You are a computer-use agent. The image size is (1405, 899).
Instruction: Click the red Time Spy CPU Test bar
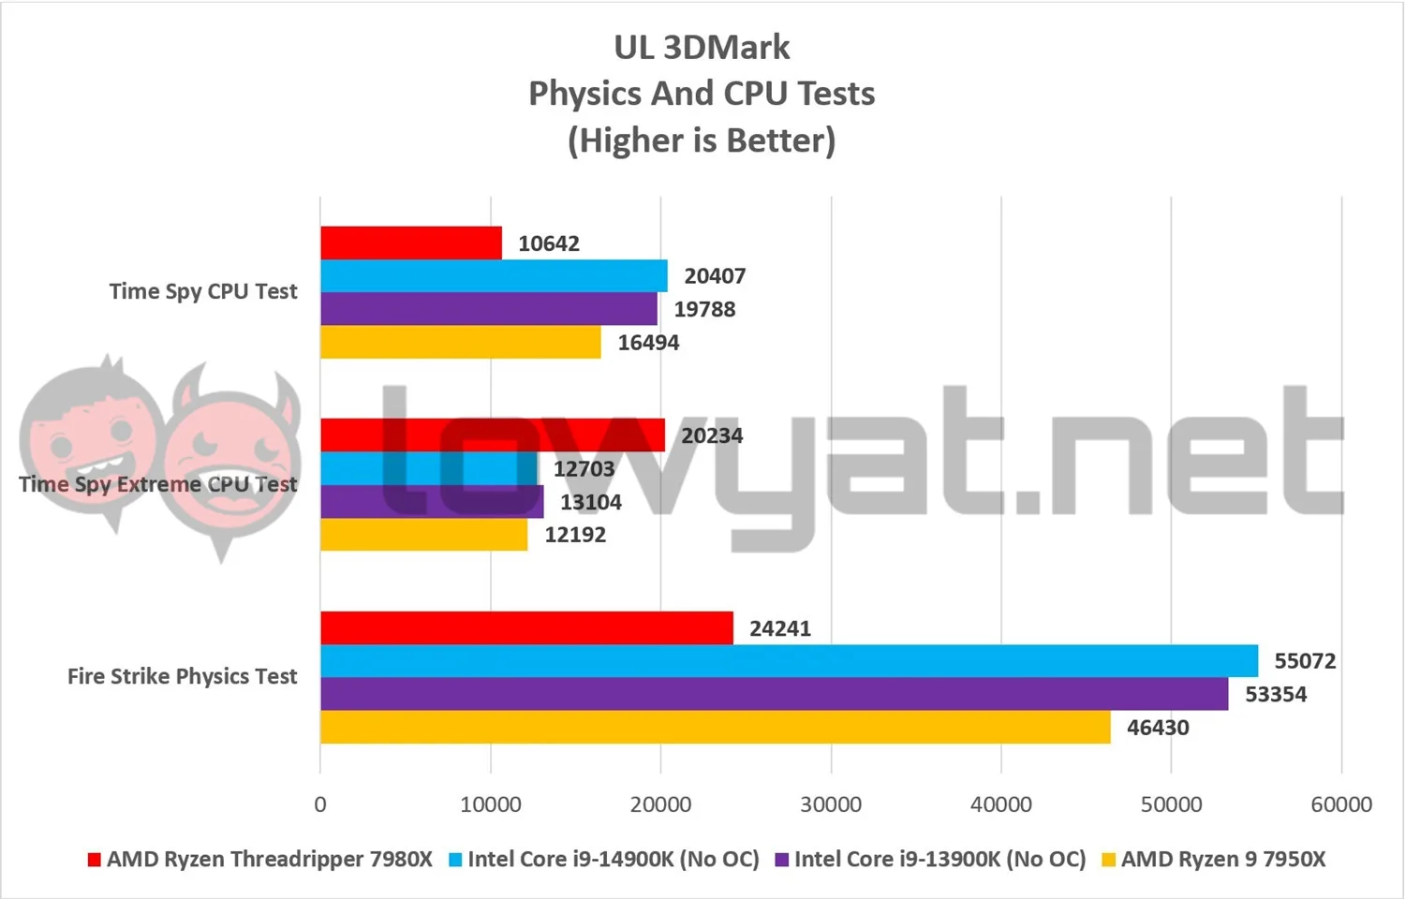[411, 243]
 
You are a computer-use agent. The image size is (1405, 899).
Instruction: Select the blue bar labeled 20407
[494, 276]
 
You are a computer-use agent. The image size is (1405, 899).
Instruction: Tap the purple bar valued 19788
[489, 308]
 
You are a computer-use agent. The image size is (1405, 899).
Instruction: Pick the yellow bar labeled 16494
[461, 342]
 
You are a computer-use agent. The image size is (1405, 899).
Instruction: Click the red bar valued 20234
[493, 435]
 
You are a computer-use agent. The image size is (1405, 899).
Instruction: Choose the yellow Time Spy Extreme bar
[424, 534]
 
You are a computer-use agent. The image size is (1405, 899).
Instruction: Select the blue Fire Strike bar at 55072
[789, 661]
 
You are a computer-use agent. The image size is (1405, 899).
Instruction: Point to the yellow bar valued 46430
[715, 728]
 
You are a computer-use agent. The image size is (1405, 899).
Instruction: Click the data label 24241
[780, 628]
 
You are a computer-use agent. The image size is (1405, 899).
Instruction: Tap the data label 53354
[1276, 694]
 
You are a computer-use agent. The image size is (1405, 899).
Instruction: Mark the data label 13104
[591, 502]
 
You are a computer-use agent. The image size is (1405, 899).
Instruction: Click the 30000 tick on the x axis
[831, 804]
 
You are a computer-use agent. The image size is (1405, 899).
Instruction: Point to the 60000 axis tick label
[1341, 804]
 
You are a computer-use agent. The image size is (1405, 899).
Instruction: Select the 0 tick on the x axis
[320, 804]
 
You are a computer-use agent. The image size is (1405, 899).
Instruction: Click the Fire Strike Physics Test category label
[183, 676]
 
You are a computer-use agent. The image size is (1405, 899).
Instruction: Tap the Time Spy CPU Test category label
[204, 291]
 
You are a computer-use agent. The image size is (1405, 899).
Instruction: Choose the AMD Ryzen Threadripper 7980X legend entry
[260, 859]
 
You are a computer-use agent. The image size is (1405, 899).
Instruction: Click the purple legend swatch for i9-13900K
[781, 860]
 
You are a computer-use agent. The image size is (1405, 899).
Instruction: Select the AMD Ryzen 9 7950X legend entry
[1214, 859]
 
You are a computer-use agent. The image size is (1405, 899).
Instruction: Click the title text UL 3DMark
[702, 47]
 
